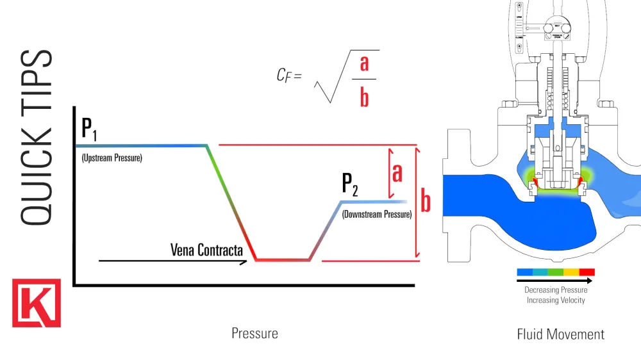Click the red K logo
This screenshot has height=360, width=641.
click(37, 303)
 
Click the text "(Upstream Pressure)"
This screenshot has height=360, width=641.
click(112, 157)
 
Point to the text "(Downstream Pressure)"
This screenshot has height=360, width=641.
click(376, 215)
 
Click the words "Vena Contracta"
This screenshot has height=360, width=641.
click(206, 249)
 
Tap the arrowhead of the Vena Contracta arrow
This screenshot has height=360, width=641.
click(244, 261)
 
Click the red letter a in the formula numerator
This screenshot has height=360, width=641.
click(364, 63)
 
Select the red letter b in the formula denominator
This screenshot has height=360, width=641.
click(364, 98)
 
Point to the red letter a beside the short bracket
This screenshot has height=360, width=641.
click(397, 172)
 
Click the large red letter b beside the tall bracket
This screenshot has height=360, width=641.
click(426, 202)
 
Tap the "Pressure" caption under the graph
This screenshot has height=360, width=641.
click(254, 334)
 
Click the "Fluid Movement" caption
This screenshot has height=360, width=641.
click(560, 334)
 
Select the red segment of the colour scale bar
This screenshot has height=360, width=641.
click(587, 272)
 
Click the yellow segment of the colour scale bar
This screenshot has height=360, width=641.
click(571, 272)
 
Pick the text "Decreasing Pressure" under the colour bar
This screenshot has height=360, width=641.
click(556, 290)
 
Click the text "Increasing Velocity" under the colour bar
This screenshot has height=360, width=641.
click(556, 300)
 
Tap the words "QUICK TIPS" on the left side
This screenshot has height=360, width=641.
click(36, 137)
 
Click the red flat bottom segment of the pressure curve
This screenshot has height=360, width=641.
click(283, 260)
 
